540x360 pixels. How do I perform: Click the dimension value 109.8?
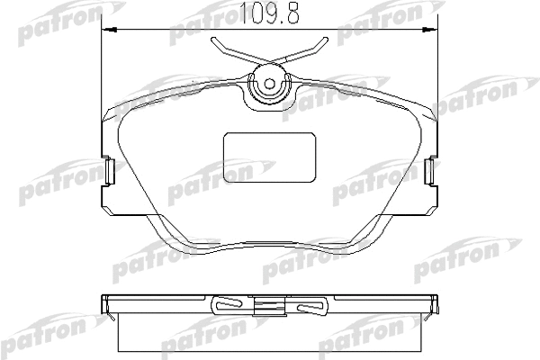(269, 13)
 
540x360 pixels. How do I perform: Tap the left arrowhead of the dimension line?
(110, 31)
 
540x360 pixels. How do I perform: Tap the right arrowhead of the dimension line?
(430, 31)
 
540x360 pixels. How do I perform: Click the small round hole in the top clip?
(270, 84)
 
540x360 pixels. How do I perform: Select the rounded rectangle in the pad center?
(270, 157)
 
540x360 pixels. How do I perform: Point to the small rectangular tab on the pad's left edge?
(110, 171)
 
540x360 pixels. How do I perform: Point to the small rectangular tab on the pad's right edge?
(430, 171)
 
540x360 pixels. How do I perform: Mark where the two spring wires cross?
(270, 62)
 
